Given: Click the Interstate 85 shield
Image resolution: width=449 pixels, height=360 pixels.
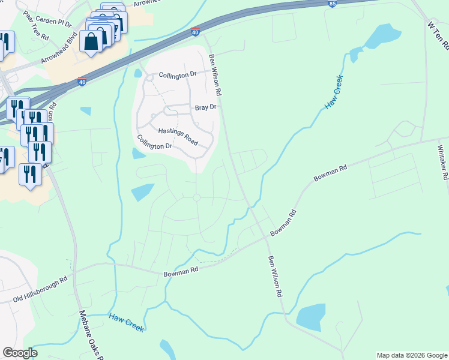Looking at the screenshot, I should tap(333, 4).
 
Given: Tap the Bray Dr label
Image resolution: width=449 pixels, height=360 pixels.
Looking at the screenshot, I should tap(205, 107).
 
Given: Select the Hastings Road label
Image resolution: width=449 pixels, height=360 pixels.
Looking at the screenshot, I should tap(178, 135).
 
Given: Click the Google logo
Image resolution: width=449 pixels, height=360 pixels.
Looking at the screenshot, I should tap(20, 352).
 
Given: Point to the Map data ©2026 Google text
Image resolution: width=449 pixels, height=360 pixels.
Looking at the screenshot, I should tap(412, 355).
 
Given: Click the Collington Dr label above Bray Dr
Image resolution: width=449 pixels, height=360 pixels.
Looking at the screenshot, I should tap(178, 75).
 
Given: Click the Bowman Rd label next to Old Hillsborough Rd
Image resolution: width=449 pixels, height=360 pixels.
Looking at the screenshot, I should tap(181, 272).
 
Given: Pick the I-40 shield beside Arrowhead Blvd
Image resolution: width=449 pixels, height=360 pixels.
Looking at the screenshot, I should tap(82, 82).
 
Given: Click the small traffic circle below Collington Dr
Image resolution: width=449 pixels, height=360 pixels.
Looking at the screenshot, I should tap(196, 197).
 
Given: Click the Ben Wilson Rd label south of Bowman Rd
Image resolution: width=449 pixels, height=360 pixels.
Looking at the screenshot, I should tap(275, 277).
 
